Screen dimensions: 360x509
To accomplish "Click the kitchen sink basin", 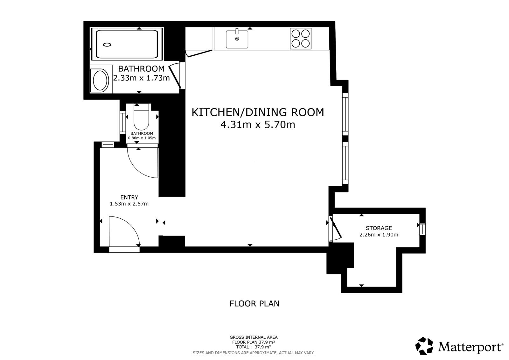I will pyautogui.click(x=237, y=39).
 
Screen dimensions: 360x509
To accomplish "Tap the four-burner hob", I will pyautogui.click(x=301, y=39).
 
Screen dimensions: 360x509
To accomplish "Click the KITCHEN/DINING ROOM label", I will pyautogui.click(x=258, y=112).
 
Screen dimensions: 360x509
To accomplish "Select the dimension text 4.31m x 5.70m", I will pyautogui.click(x=258, y=125).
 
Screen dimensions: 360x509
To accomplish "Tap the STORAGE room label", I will pyautogui.click(x=379, y=228).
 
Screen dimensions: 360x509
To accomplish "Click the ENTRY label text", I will pyautogui.click(x=129, y=197).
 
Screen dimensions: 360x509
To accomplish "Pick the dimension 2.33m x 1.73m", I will pyautogui.click(x=142, y=78).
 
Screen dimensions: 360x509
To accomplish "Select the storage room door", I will pyautogui.click(x=335, y=228).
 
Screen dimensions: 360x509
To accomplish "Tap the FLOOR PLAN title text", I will pyautogui.click(x=254, y=303).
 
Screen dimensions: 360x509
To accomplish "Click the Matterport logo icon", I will pyautogui.click(x=424, y=346).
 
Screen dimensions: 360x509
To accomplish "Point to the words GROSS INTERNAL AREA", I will pyautogui.click(x=254, y=337).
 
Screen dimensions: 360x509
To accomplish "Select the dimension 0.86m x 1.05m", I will pyautogui.click(x=142, y=138).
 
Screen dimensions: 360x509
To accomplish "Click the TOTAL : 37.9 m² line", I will pyautogui.click(x=254, y=347).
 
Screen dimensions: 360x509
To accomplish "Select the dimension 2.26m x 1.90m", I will pyautogui.click(x=379, y=235).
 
